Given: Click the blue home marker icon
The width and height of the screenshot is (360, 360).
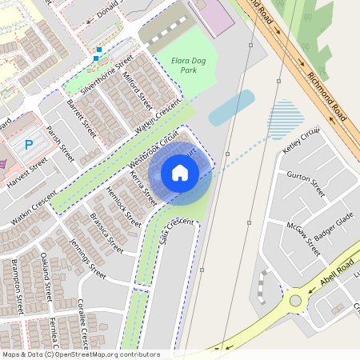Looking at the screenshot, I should point(180,172).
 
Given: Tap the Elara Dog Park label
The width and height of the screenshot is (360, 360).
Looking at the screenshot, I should point(177,65).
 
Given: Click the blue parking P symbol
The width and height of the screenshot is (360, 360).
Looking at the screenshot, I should point(29,145).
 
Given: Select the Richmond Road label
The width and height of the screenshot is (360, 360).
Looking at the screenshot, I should point(327,95).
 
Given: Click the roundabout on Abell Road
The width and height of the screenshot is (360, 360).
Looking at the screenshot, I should point(296,301).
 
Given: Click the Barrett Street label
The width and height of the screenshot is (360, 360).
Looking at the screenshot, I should point(82,118).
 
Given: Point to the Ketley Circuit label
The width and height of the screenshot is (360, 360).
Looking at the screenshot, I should point(301,141).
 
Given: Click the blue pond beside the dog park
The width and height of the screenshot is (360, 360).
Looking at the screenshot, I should point(231,108).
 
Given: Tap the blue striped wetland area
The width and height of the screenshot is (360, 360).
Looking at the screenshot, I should point(287,119).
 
